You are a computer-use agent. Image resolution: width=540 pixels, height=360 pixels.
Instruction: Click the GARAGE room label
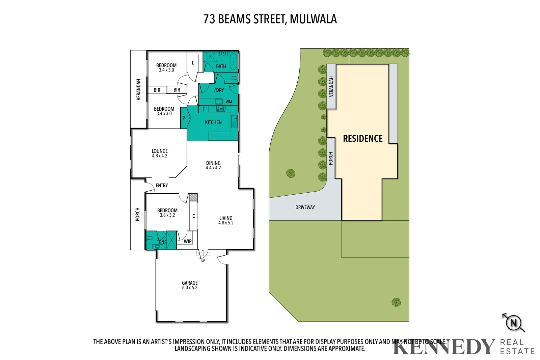[190, 283]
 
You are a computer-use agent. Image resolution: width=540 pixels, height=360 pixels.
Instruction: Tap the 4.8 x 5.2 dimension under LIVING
[226, 223]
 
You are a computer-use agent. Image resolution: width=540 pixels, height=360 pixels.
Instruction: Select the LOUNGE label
[160, 151]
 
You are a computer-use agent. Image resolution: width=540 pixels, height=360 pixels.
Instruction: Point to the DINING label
[213, 163]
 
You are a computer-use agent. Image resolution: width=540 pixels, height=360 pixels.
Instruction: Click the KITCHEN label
[213, 122]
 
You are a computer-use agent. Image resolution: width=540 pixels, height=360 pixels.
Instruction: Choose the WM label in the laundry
[229, 102]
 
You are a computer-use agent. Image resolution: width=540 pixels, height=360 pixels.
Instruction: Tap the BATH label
[221, 66]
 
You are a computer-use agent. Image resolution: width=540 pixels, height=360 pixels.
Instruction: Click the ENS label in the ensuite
[163, 242]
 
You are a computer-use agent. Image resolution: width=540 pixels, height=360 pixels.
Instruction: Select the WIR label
[188, 242]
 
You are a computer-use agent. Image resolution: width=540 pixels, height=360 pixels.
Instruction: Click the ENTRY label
[162, 186]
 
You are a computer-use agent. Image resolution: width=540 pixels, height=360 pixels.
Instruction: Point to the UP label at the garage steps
[203, 261]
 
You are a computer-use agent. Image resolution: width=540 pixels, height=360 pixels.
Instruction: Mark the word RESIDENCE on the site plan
[363, 139]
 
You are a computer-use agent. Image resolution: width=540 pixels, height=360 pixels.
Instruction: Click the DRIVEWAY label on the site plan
[305, 207]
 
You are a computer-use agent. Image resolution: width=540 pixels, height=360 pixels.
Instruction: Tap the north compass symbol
[513, 323]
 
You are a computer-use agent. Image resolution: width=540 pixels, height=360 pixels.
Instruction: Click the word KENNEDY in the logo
[443, 347]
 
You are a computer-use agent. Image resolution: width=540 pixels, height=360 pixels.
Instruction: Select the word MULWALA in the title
[313, 19]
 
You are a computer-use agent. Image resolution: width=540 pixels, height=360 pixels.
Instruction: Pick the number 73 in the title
[209, 19]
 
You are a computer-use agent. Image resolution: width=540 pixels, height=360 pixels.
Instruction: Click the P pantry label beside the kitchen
[184, 118]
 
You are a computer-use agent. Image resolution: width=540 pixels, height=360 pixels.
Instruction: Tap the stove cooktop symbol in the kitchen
[221, 109]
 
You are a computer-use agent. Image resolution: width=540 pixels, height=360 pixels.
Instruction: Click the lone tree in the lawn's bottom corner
[396, 302]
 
